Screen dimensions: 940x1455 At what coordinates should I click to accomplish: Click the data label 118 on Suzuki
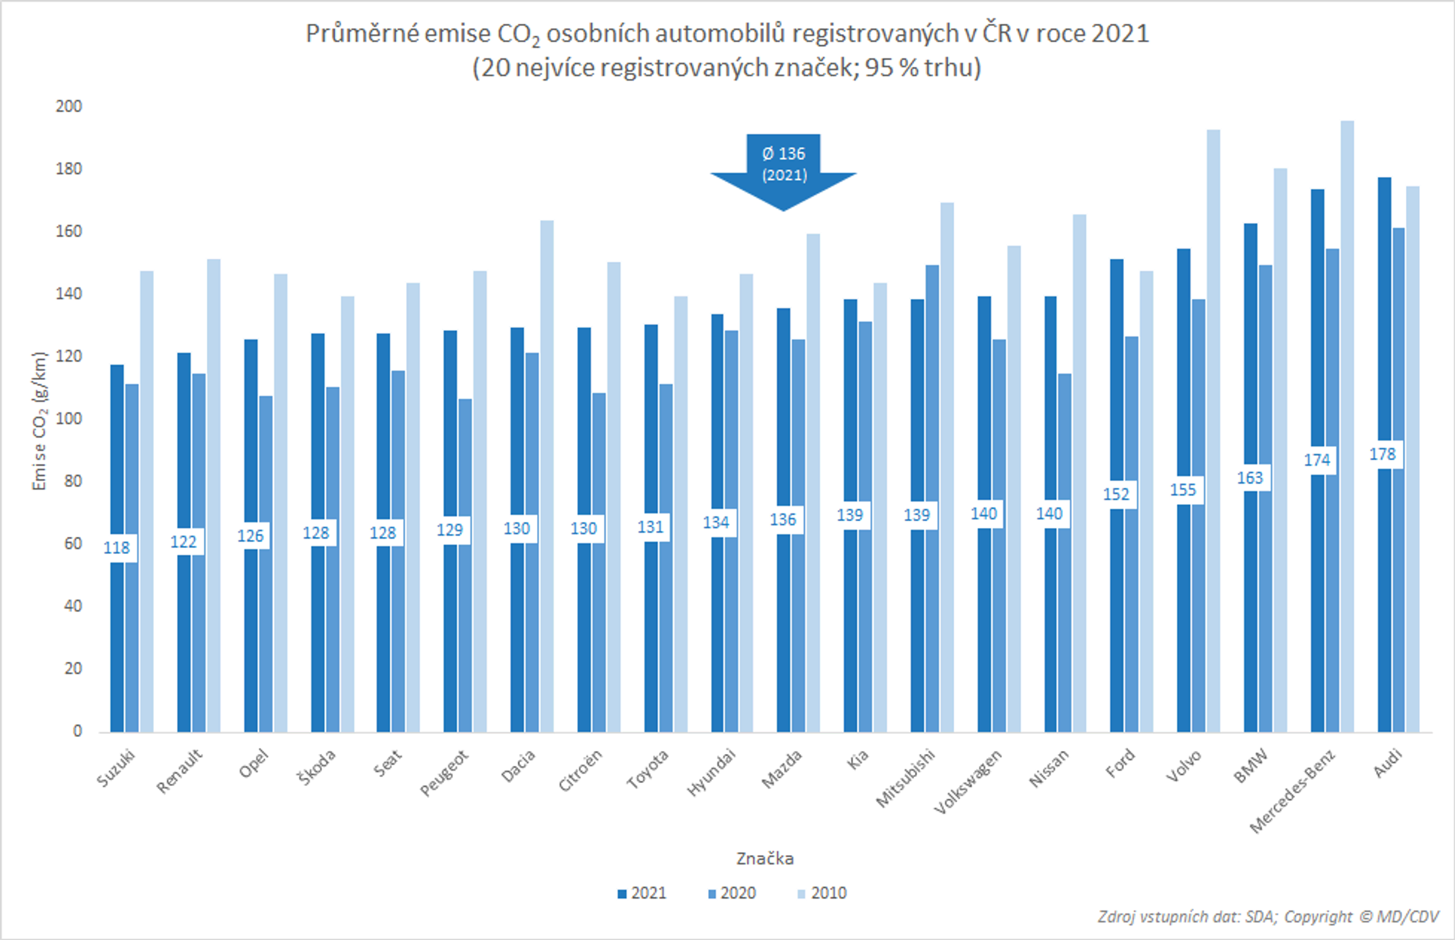116,547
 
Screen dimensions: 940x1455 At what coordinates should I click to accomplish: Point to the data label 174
1317,460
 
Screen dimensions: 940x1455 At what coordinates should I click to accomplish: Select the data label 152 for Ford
1116,495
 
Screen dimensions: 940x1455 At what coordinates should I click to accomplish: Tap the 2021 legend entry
641,893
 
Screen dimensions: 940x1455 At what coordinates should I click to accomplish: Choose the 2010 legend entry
822,893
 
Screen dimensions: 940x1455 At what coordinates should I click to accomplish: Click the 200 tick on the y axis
69,106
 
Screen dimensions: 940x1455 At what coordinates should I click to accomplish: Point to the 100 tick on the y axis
69,419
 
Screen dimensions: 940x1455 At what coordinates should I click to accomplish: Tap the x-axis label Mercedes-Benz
1292,790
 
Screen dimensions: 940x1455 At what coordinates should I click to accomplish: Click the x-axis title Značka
764,859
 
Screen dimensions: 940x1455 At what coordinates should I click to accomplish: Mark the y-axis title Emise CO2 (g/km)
39,421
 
